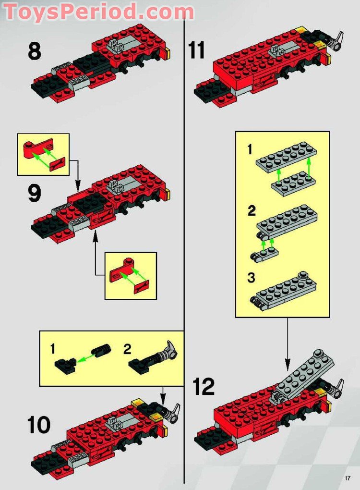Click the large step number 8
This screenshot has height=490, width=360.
click(34, 51)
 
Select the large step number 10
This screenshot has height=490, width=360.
click(38, 425)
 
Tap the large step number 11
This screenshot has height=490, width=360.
click(197, 50)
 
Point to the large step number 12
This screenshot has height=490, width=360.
click(204, 387)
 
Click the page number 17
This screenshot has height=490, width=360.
click(348, 478)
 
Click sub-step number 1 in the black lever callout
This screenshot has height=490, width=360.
click(52, 349)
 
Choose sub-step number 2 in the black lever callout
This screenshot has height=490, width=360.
click(126, 349)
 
